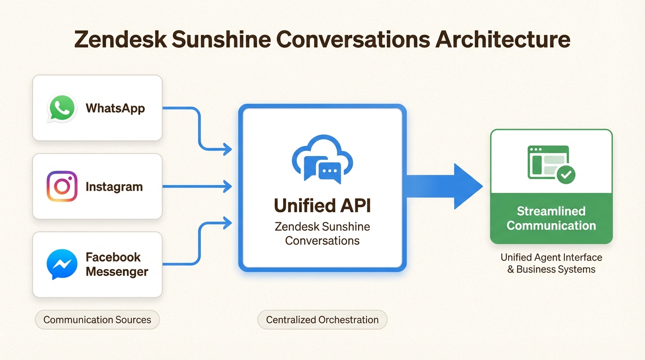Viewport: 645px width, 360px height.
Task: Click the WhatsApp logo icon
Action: click(62, 108)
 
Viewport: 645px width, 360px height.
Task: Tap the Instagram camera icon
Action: click(62, 186)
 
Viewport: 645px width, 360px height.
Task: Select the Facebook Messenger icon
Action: click(62, 264)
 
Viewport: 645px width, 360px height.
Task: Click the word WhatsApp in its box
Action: click(115, 108)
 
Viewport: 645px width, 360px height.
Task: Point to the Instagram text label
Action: click(114, 187)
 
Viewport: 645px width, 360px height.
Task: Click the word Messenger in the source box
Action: click(117, 271)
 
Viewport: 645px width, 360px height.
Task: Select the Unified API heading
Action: click(322, 206)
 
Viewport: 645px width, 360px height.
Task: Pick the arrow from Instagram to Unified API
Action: click(197, 187)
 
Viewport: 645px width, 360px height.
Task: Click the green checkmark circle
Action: click(566, 175)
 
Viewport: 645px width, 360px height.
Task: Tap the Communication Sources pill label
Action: click(97, 320)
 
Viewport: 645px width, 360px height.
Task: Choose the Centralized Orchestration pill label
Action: click(322, 320)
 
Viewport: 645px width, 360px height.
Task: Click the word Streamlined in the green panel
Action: click(551, 211)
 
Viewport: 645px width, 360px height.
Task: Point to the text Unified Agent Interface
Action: click(551, 257)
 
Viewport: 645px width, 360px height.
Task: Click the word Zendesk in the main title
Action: click(120, 39)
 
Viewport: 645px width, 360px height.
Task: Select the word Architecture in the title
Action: click(503, 39)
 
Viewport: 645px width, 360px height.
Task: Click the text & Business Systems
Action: click(551, 270)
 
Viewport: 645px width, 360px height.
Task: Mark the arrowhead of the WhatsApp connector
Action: click(228, 150)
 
